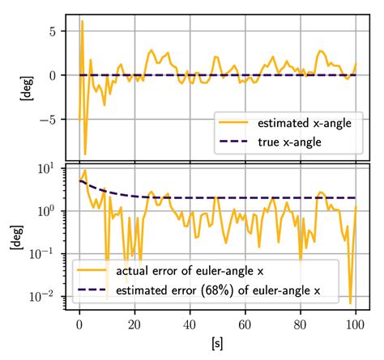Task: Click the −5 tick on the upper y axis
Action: coord(52,119)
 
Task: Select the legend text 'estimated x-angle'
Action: coord(303,124)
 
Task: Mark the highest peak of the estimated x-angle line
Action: coord(82,22)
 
